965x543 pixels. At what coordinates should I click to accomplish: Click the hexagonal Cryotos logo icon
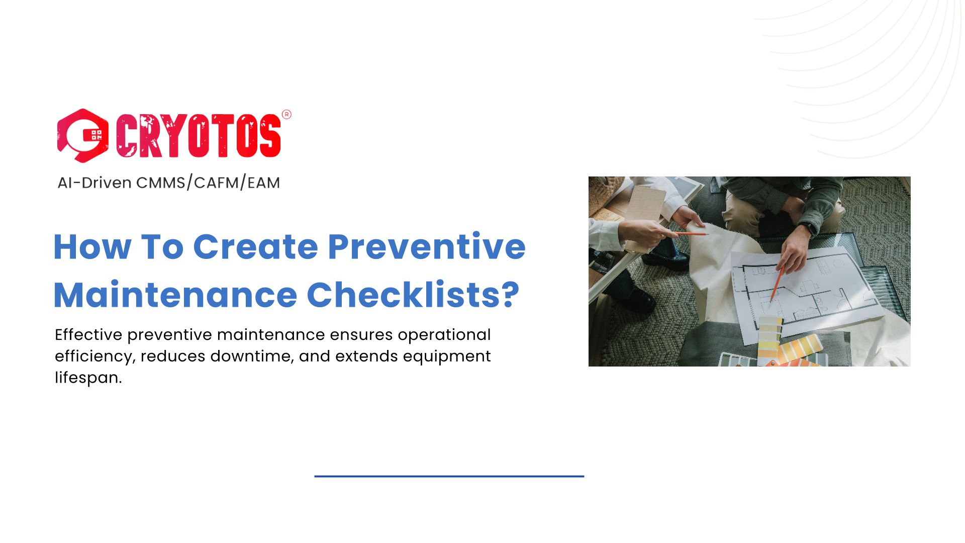click(x=82, y=136)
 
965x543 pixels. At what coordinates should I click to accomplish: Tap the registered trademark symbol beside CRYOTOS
click(x=286, y=115)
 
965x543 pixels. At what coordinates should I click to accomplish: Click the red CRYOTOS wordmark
click(x=199, y=136)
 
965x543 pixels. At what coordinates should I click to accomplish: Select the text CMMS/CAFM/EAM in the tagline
click(x=208, y=183)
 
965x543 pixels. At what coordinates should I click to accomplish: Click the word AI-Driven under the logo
click(x=94, y=183)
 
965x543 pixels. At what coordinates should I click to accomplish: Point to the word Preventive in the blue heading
click(x=426, y=247)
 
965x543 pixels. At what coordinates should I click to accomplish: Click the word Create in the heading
click(x=255, y=247)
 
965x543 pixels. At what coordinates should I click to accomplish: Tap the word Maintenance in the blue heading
click(x=175, y=295)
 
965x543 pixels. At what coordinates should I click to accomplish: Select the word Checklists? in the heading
click(x=413, y=295)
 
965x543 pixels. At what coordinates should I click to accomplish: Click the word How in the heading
click(x=92, y=247)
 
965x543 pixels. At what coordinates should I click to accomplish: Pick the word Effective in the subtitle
click(x=88, y=334)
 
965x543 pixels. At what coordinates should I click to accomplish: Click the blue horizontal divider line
click(x=449, y=476)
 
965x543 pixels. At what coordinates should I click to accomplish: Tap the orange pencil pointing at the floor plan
click(x=777, y=284)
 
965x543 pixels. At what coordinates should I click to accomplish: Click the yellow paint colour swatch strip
click(x=769, y=337)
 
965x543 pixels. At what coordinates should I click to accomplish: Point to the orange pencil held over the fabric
click(x=691, y=234)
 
